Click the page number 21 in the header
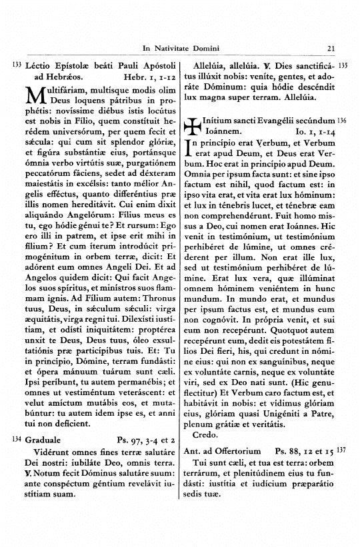pos(331,47)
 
